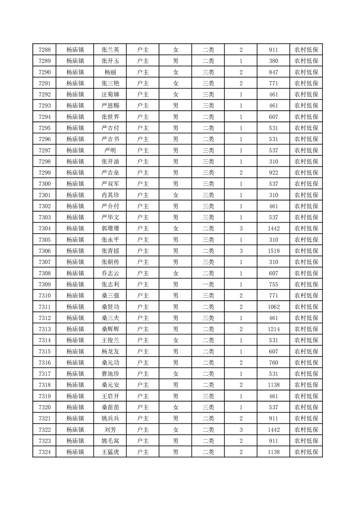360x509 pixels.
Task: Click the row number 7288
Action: tap(44, 50)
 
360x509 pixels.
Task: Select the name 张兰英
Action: tap(110, 50)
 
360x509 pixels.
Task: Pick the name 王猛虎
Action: tap(110, 452)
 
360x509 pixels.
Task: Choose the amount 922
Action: tap(273, 173)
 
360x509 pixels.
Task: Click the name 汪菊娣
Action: tap(110, 94)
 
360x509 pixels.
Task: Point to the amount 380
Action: tap(273, 61)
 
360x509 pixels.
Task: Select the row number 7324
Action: tap(44, 452)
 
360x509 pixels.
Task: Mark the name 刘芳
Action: tap(110, 430)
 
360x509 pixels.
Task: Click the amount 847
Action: tap(273, 72)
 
